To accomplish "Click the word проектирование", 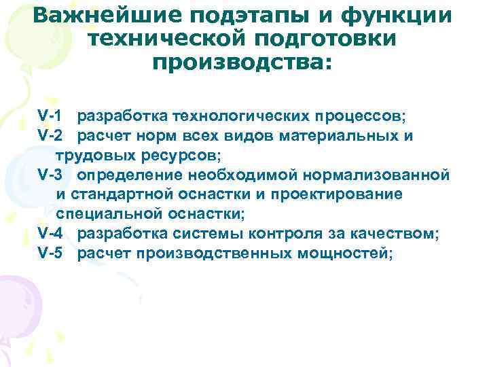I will click(x=345, y=195).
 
